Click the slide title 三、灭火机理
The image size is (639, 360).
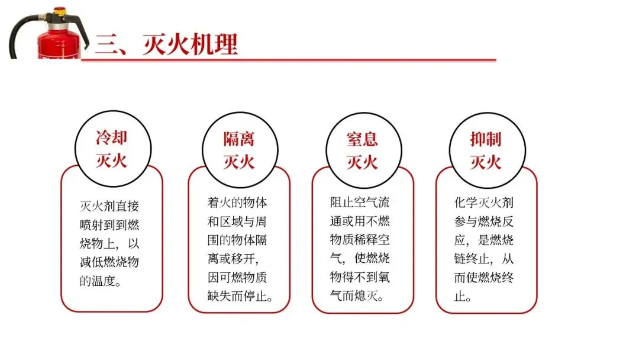(x=166, y=44)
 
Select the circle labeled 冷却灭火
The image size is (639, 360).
(x=111, y=149)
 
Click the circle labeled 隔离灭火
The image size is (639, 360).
(x=238, y=150)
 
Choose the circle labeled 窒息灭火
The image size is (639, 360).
(x=362, y=150)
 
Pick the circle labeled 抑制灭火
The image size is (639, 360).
(x=486, y=150)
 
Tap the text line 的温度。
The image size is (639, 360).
(x=101, y=281)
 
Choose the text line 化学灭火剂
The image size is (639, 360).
(x=483, y=202)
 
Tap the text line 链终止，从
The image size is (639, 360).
(x=483, y=258)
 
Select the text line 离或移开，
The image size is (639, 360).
(x=234, y=258)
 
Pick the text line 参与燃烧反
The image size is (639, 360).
(x=483, y=221)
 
